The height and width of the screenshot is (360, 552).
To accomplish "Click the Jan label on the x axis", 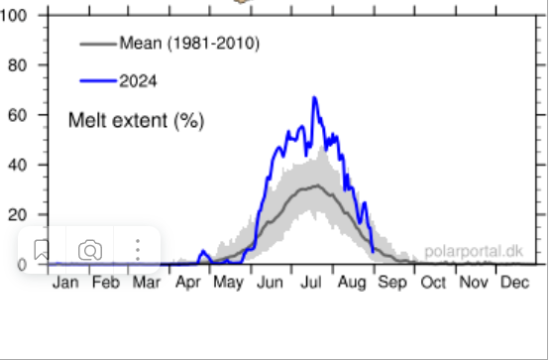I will [x=65, y=283].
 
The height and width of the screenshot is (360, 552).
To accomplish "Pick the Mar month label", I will [x=147, y=283].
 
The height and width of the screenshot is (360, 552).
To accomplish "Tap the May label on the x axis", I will [x=229, y=283].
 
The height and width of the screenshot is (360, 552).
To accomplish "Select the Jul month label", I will [x=311, y=283].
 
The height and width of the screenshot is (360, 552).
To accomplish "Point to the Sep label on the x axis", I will [x=393, y=283].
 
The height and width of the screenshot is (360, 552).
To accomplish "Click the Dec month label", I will [x=514, y=283].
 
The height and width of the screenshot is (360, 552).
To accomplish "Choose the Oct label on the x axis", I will [x=433, y=283].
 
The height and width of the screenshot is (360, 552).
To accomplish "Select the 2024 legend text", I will [x=138, y=80].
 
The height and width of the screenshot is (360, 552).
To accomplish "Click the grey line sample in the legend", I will [x=96, y=45].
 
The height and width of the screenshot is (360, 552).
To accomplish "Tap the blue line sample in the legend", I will [x=96, y=80].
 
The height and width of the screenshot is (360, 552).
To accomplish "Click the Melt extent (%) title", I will [x=135, y=121].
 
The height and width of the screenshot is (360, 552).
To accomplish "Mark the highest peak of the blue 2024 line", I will [x=314, y=97].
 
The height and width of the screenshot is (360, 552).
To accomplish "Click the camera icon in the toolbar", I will [x=90, y=250].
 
